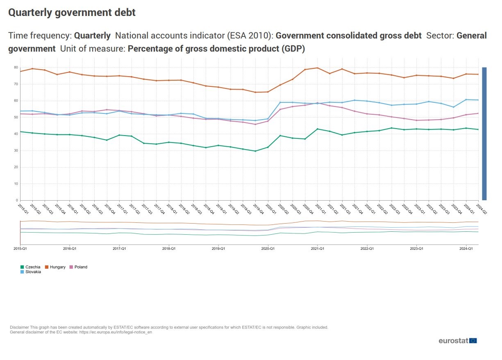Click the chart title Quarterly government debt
pyautogui.click(x=72, y=13)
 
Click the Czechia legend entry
pyautogui.click(x=32, y=267)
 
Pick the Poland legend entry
pyautogui.click(x=81, y=267)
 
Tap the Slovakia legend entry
pyautogui.click(x=33, y=272)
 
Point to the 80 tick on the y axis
pyautogui.click(x=16, y=67)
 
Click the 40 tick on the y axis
pyautogui.click(x=16, y=134)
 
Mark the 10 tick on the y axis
pyautogui.click(x=16, y=184)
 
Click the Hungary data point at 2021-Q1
pyautogui.click(x=317, y=68)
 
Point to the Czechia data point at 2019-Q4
pyautogui.click(x=255, y=151)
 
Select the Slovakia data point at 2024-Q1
pyautogui.click(x=466, y=100)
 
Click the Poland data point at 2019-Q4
pyautogui.click(x=255, y=124)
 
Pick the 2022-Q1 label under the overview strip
pyautogui.click(x=367, y=249)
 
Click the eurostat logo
pyautogui.click(x=457, y=341)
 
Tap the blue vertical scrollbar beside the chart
pyautogui.click(x=484, y=134)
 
